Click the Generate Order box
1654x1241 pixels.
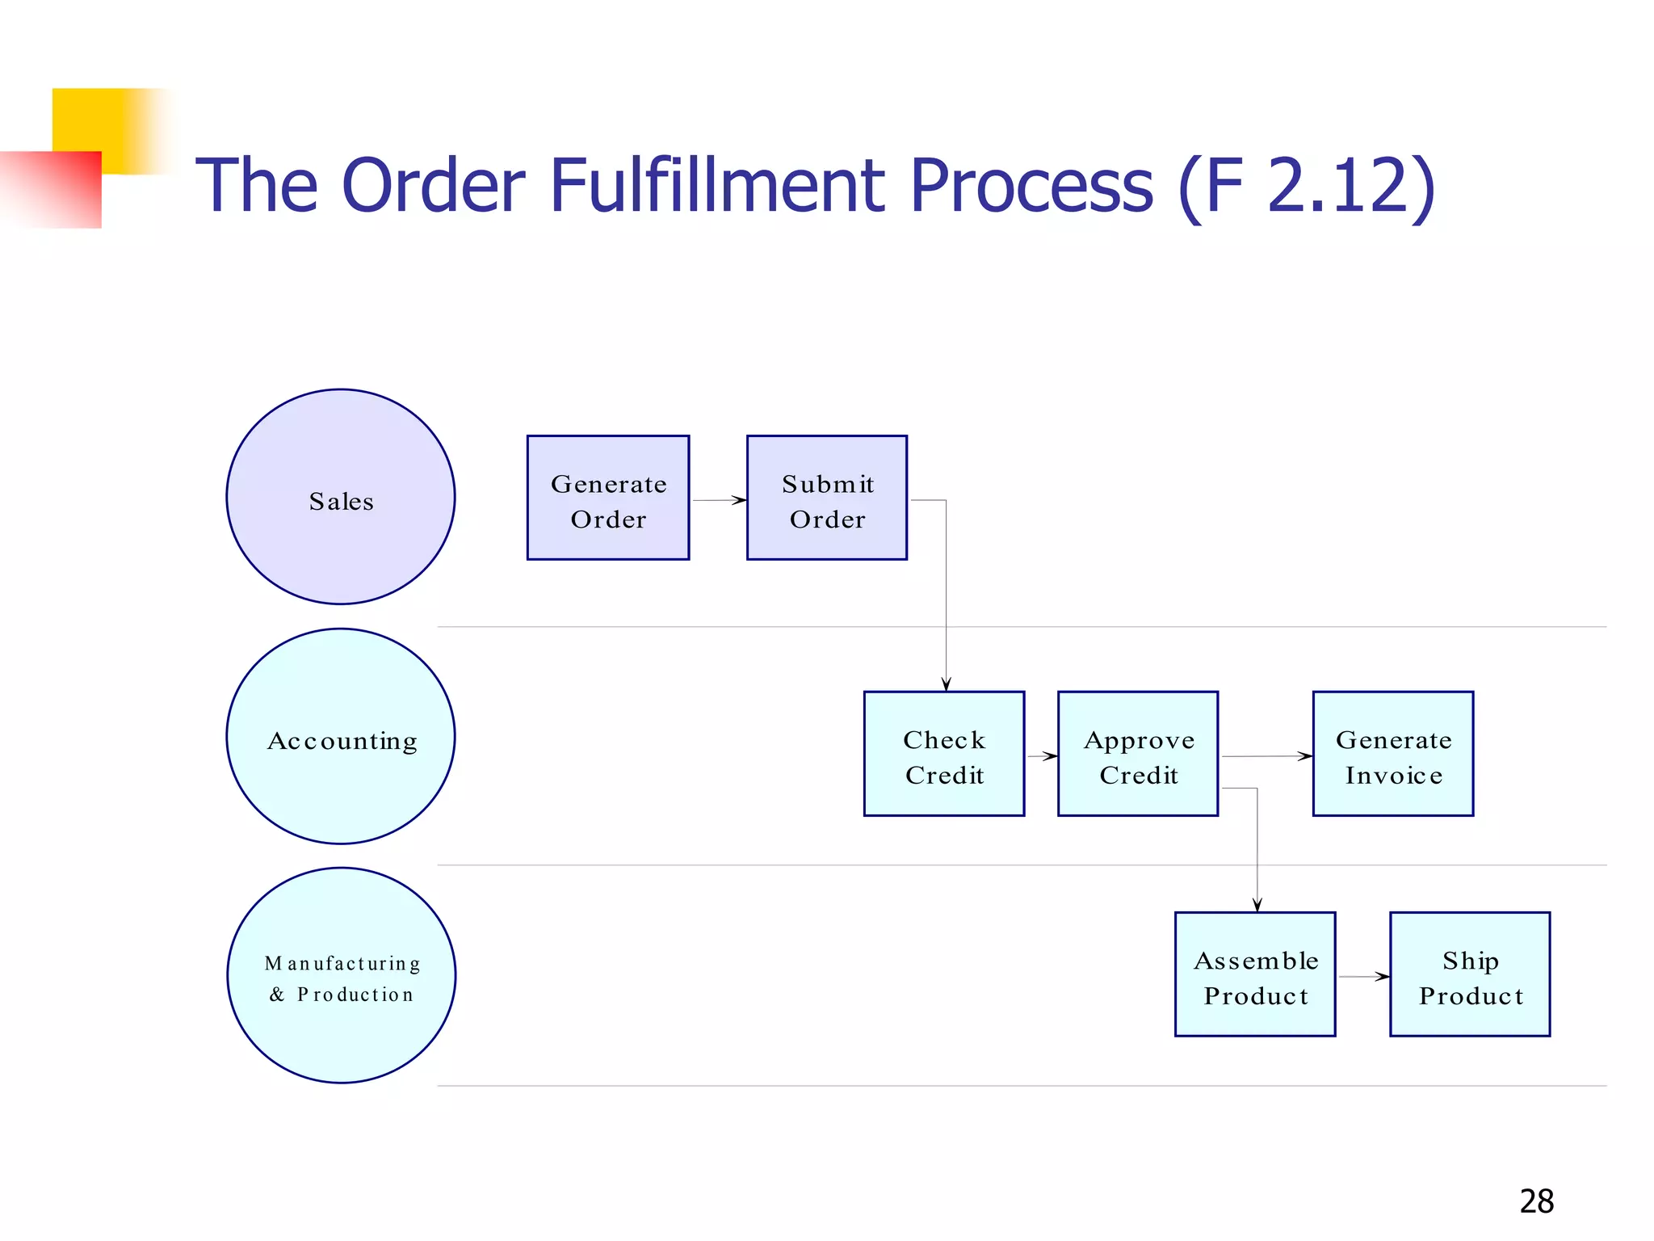pos(607,498)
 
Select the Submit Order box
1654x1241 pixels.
pos(826,498)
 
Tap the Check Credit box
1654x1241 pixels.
pos(943,754)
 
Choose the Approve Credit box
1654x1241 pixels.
pos(1137,754)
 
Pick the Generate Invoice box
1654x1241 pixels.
pos(1392,754)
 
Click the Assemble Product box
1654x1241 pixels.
pos(1254,974)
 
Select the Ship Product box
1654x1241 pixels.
pos(1469,974)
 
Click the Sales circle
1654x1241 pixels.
pos(341,497)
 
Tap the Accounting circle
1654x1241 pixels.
pos(341,736)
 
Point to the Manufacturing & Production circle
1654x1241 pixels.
pos(341,975)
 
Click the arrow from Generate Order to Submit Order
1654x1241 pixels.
pos(718,500)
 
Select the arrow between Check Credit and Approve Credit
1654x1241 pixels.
pos(1042,756)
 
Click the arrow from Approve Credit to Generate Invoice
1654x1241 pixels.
pos(1266,756)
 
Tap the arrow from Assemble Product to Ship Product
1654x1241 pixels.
pos(1363,977)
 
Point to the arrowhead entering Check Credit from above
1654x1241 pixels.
pos(946,684)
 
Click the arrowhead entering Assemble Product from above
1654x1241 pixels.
pos(1257,904)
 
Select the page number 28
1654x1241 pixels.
pos(1536,1201)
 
